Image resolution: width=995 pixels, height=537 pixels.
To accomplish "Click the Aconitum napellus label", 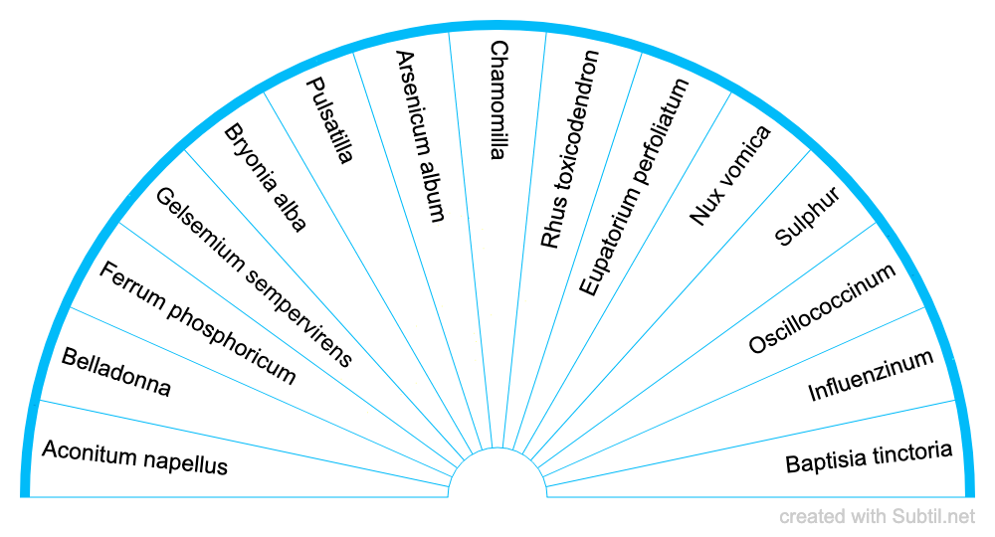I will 135,458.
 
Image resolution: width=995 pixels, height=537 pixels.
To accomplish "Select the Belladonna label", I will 115,373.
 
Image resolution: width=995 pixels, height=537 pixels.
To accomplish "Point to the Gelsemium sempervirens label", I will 254,276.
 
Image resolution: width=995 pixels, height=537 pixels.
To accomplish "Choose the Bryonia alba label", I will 265,178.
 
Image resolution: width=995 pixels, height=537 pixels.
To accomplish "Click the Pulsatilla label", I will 329,120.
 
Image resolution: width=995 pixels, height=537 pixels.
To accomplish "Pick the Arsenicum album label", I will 419,135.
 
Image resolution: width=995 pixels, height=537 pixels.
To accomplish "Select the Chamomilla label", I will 498,99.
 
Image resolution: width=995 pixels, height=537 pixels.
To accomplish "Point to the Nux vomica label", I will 729,175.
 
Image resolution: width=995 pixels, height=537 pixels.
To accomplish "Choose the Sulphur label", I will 808,216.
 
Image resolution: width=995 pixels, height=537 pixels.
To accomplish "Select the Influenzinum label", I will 871,376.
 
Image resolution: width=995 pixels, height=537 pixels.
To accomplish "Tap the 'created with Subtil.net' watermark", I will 877,516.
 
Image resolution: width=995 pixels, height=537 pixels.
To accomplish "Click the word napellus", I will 190,463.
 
